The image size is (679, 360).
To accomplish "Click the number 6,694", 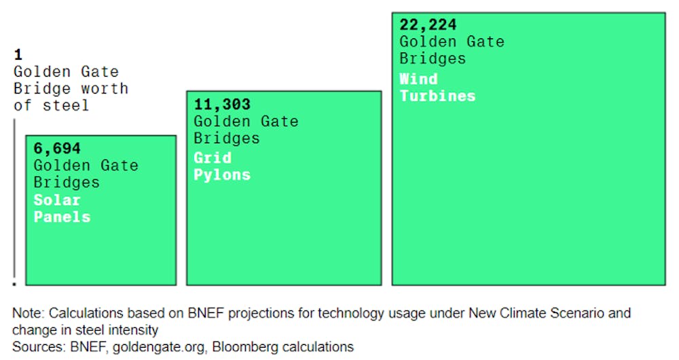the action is [57, 149].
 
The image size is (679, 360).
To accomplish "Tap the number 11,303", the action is [222, 105].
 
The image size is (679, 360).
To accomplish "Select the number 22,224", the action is [428, 24].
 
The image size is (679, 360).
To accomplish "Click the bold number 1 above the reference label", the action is [18, 54].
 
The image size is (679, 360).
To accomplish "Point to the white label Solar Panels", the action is [62, 209].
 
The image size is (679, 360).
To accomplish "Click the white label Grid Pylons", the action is [222, 166].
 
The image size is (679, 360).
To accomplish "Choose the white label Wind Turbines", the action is [437, 88].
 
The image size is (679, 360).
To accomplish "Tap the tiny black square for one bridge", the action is [14, 284].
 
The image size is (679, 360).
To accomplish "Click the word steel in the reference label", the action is [65, 106].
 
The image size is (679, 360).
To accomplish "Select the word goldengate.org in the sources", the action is [160, 348].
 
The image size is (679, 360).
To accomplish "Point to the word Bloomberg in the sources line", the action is [246, 347].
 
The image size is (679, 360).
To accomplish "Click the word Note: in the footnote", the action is [28, 313].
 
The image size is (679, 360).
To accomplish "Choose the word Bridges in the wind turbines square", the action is [433, 59].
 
